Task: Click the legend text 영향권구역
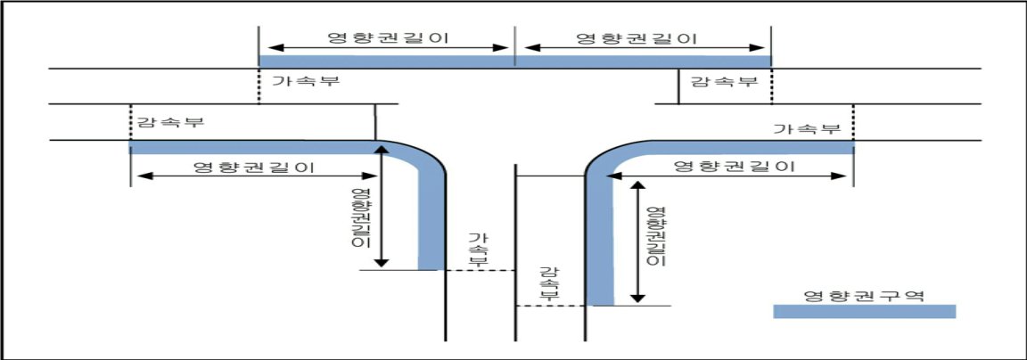[864, 295]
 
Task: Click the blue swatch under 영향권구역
[865, 311]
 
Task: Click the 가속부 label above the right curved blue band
[807, 128]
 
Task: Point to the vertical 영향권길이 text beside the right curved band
[655, 235]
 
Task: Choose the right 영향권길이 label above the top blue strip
[635, 37]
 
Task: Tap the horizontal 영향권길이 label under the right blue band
[735, 167]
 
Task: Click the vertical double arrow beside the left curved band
[382, 206]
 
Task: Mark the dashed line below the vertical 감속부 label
[549, 306]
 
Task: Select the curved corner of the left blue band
[423, 156]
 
